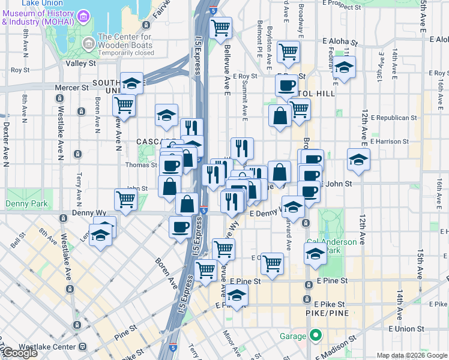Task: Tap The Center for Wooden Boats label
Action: (125, 41)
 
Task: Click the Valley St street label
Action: (81, 63)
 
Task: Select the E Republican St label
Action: (394, 118)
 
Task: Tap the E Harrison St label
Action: (390, 142)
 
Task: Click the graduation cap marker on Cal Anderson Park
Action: (315, 253)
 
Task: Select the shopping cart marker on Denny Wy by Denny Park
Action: (125, 199)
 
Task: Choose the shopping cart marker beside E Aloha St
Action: (288, 52)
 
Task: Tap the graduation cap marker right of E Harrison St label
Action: (358, 160)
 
